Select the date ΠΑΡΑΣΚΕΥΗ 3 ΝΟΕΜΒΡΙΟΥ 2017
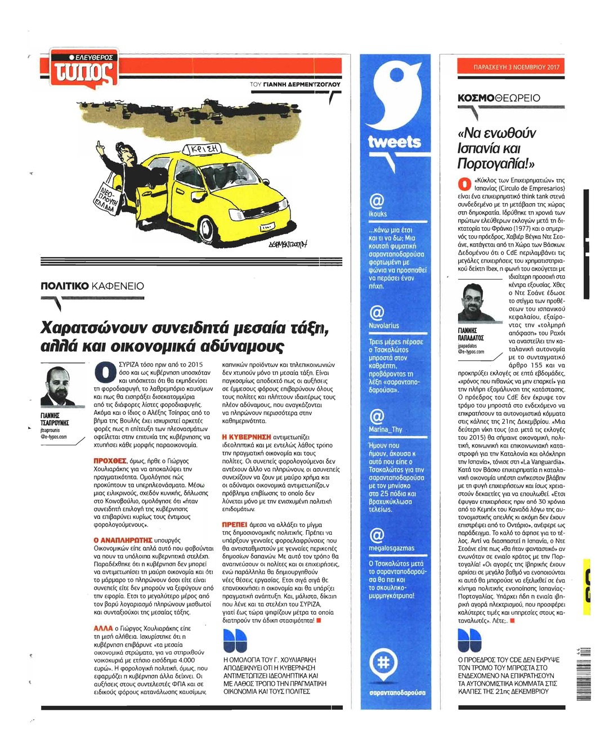[511, 67]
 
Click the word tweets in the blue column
[395, 142]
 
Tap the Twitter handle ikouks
[378, 214]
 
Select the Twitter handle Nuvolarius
[384, 325]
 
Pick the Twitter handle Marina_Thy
[386, 429]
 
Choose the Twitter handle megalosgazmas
[392, 548]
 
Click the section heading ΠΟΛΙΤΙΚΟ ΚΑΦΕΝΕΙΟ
[92, 286]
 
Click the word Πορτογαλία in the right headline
[495, 164]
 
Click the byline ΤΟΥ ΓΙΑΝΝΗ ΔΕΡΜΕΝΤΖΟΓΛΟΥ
[295, 84]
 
